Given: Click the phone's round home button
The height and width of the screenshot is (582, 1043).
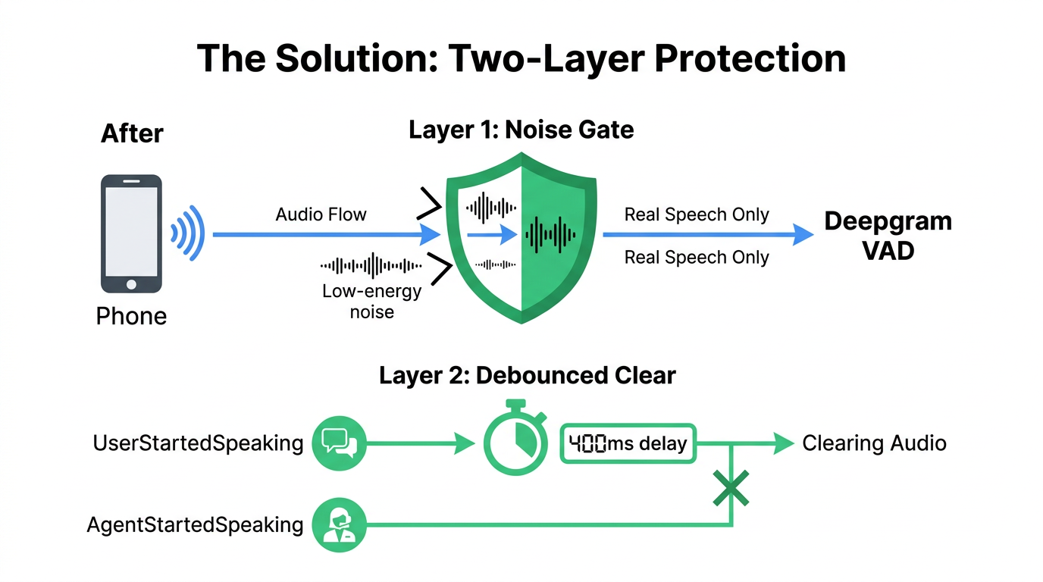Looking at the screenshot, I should pos(131,283).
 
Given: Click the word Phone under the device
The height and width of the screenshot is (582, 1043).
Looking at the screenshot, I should pos(131,316).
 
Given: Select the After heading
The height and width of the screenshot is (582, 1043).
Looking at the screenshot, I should pos(132,133).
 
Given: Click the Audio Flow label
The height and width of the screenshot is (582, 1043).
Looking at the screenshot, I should pos(321,214).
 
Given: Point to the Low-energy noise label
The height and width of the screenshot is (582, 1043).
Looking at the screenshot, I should pos(371,300).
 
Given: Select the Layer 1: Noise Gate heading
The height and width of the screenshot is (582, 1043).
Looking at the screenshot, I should pos(521,130).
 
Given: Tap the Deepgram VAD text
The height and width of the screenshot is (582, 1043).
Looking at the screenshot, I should pos(888,236).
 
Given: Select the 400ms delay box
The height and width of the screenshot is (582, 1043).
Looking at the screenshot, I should pos(627,443).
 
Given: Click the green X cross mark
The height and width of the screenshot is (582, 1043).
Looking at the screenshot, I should pos(731,488).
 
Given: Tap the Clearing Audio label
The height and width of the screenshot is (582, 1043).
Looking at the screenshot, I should pos(874,443).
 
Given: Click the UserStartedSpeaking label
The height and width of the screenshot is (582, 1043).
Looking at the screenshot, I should pos(198,443).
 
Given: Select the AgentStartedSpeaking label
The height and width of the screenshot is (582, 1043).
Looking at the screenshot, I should pos(195,524).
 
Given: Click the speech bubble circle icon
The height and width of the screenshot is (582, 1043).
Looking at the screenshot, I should pos(339,443).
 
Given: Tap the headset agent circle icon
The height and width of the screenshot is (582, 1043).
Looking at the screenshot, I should pos(339,524).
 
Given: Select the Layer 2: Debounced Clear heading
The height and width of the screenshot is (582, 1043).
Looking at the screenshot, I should pos(527,375).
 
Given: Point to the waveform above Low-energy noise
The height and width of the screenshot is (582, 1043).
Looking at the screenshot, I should pos(371,265).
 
